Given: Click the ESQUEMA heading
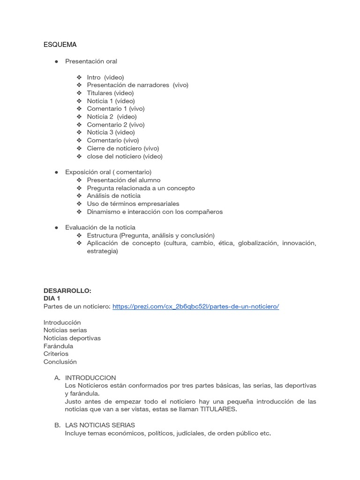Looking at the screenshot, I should pos(60,45).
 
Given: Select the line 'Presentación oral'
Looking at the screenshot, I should pos(91,61).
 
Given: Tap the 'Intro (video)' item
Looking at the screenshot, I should pos(105,77).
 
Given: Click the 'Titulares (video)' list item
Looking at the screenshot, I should pos(110,93).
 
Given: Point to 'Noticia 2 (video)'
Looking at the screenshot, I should pos(112,117).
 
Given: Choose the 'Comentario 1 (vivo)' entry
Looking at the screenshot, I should pos(115,109).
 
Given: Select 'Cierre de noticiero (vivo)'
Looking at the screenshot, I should pos(123,148).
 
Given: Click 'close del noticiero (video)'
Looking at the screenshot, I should pos(125,156).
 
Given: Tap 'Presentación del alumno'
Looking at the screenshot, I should pos(123,180).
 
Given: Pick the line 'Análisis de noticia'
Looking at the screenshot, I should pos(113,196).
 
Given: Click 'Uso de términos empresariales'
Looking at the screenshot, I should pos(133,204).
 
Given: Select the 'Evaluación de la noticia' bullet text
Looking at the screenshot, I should pos(100,227).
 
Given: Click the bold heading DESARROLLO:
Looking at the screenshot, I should pos(67,291).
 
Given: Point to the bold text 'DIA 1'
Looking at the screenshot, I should pos(52,299).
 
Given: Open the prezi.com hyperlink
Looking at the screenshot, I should pos(195,307).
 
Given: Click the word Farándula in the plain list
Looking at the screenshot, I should pos(58,346).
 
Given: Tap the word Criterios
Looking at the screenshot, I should pos(56,354).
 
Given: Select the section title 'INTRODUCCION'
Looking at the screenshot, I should pos(90,378).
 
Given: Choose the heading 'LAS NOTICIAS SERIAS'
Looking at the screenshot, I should pos(100,425).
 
